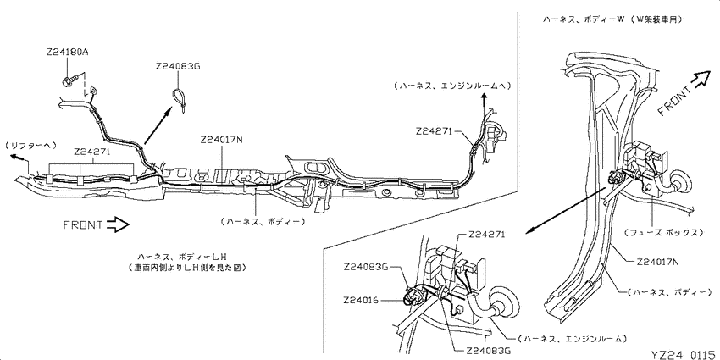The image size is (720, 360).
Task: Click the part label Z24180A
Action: pos(67,52)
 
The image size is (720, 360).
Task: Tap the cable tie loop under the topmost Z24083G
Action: pos(180,99)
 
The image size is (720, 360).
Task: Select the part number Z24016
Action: pos(361,301)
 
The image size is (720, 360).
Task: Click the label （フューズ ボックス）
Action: pos(663,233)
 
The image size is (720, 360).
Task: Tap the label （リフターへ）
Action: pos(30,146)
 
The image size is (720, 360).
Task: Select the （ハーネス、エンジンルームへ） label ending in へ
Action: pos(451,86)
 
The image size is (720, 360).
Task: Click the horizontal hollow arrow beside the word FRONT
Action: pos(118,224)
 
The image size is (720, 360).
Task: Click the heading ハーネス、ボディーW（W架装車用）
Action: pos(612,19)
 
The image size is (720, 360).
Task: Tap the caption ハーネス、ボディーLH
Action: pos(183,256)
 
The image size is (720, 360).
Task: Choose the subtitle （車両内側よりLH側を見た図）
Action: pos(186,267)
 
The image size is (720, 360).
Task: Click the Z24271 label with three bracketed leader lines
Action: pos(91,152)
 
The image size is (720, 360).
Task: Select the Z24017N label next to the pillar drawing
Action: pos(659,263)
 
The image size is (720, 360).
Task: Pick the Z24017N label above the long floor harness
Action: pos(221,139)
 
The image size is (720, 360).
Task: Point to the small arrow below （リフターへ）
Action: pos(19,158)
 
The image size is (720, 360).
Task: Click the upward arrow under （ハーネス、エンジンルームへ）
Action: pos(483,102)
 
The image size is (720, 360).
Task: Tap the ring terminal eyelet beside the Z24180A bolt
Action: pos(93,91)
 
